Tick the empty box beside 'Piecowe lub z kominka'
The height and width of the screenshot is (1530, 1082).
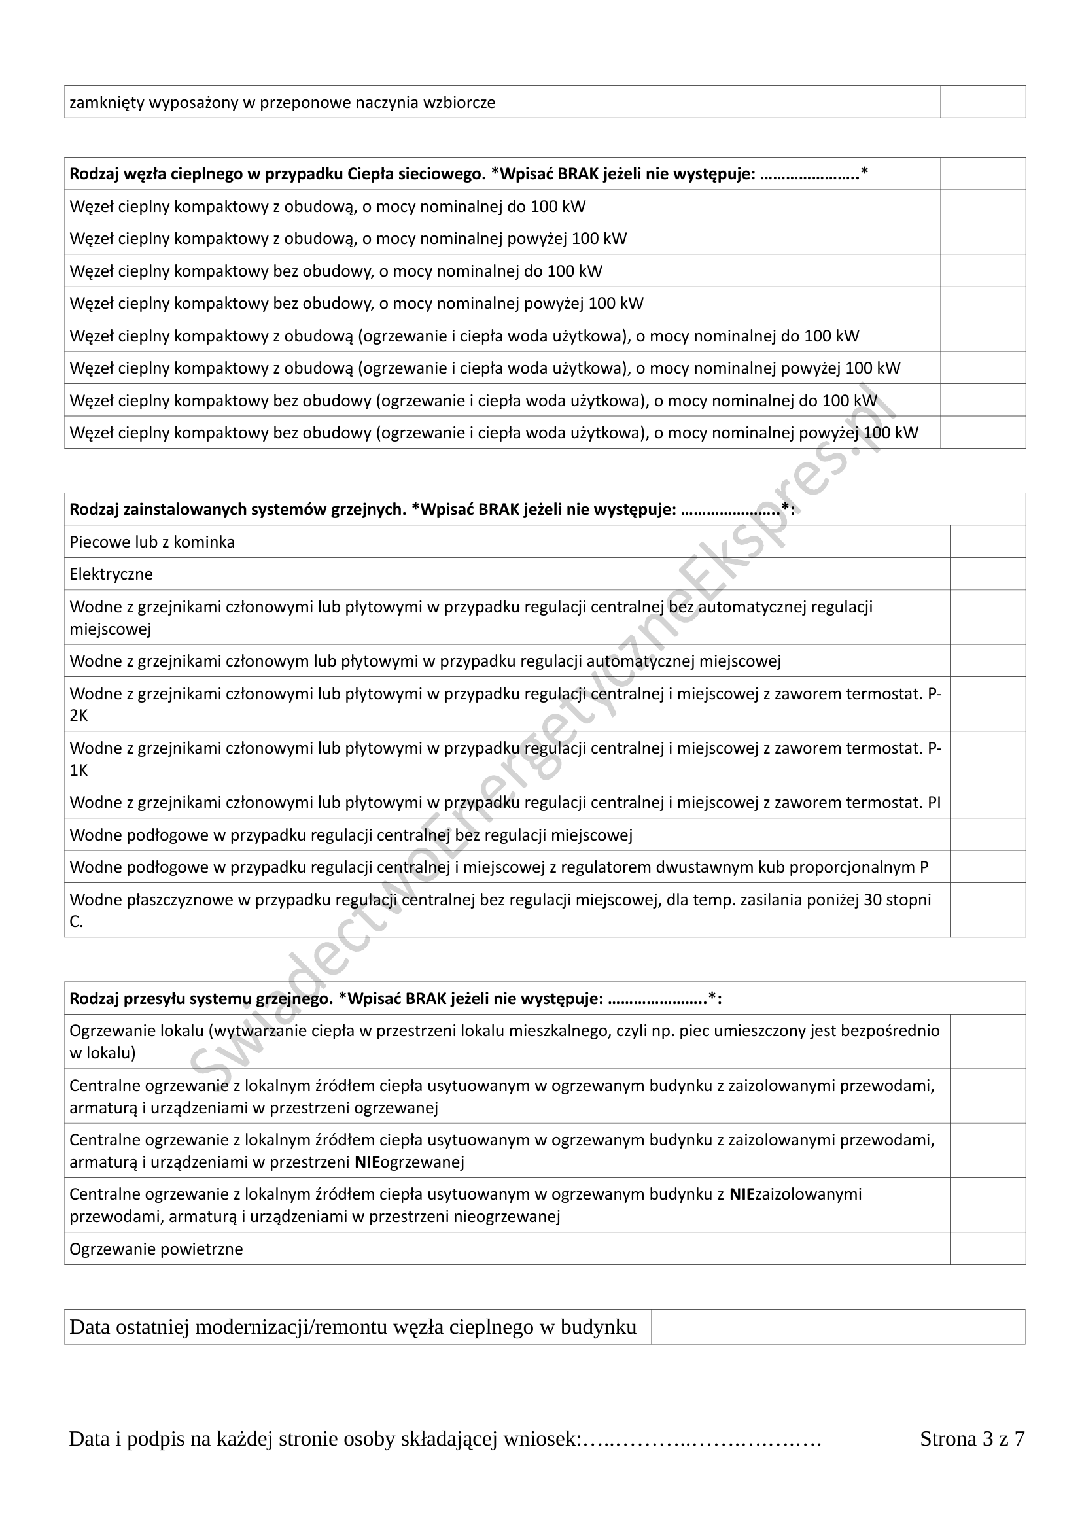tap(986, 541)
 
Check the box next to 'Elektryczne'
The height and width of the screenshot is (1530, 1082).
tap(986, 573)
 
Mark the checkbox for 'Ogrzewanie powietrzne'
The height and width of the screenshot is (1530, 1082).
tap(986, 1248)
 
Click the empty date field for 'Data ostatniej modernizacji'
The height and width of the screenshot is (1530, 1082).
tap(837, 1327)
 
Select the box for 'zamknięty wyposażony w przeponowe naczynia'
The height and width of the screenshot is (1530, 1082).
tap(982, 102)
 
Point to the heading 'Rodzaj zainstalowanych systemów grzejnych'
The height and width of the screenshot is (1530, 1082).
tap(237, 510)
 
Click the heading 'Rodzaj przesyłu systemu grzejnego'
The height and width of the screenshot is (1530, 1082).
tap(201, 999)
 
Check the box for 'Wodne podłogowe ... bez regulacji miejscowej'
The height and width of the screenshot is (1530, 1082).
tap(986, 834)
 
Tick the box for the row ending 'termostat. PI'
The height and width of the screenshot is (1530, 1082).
tap(986, 802)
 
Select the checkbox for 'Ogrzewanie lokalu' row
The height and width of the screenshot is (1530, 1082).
tap(986, 1041)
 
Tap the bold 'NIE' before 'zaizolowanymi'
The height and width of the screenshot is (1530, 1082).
tap(742, 1194)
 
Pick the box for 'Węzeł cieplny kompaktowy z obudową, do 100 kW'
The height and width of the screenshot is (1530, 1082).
tap(982, 206)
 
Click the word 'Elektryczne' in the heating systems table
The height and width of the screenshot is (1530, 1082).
tap(111, 574)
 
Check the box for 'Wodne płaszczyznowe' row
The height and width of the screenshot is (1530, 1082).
tap(986, 911)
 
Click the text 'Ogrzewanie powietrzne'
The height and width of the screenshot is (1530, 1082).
tap(156, 1249)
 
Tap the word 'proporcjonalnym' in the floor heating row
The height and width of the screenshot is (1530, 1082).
tap(858, 867)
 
